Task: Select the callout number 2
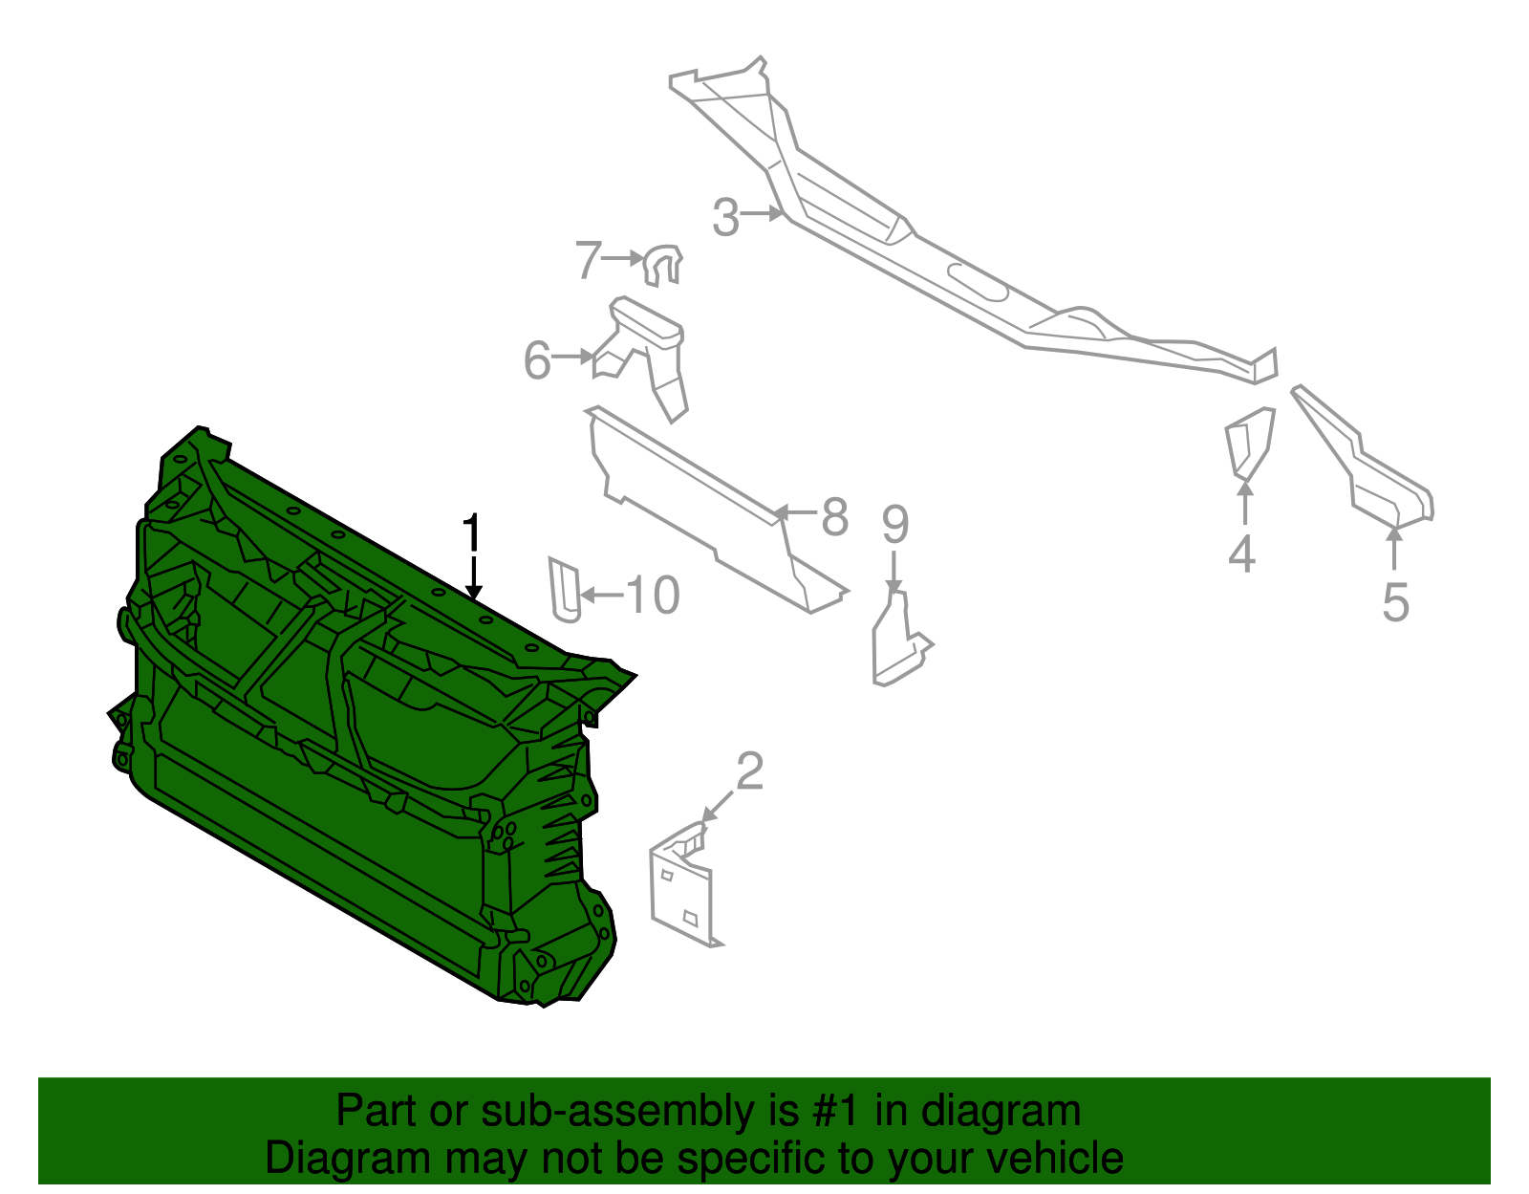tap(750, 771)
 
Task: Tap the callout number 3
tap(725, 218)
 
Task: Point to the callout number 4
tap(1241, 554)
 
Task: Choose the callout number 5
tap(1395, 602)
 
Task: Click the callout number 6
tap(537, 361)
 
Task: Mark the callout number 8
tap(834, 517)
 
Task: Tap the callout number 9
tap(894, 523)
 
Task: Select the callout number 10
tap(653, 595)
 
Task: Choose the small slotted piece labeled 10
tap(564, 588)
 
